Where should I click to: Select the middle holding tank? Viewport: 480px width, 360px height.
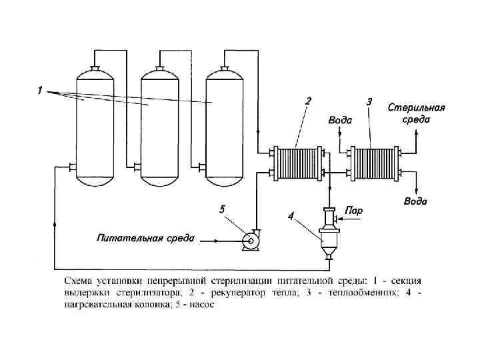point(161,127)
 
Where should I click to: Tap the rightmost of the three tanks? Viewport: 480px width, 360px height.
point(225,127)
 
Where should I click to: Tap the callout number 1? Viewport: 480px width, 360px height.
point(40,91)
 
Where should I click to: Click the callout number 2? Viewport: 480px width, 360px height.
point(308,101)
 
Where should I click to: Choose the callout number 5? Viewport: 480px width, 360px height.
point(222,209)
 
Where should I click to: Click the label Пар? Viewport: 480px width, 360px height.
point(354,211)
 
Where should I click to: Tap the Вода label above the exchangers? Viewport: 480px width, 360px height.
point(340,121)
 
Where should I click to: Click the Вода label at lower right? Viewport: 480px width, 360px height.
point(415,201)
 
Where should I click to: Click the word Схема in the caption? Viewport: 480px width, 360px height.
point(79,279)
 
